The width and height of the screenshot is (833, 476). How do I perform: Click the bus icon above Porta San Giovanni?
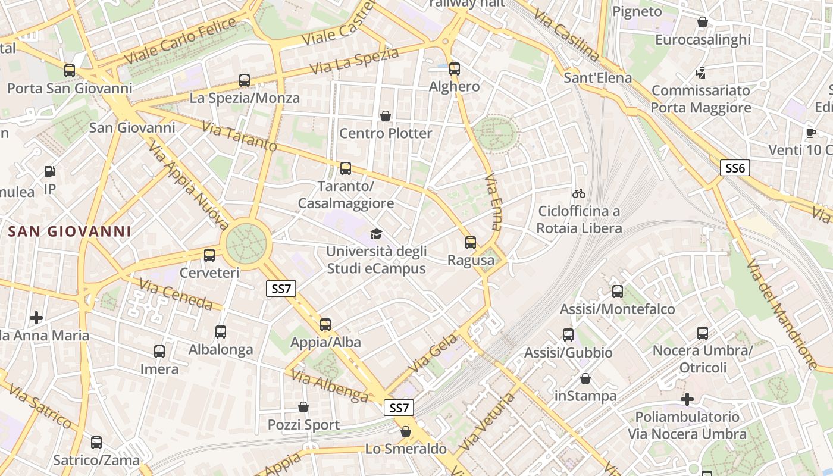click(70, 71)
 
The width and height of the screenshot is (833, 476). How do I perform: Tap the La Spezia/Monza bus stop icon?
click(244, 80)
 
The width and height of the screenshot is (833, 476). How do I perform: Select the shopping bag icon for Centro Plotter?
click(386, 115)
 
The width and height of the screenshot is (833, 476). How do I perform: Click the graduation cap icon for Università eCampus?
click(375, 234)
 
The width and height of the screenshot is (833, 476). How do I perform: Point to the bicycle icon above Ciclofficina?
click(579, 193)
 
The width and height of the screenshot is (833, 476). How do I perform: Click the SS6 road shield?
click(735, 168)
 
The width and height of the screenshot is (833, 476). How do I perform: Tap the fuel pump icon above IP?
click(50, 172)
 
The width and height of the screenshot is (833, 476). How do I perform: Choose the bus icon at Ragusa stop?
click(471, 243)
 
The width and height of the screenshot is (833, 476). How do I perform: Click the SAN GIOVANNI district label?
click(69, 231)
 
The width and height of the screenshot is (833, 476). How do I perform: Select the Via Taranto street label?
click(239, 136)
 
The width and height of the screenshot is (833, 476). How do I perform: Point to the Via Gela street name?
click(433, 353)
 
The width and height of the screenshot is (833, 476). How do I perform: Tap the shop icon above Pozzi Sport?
click(303, 407)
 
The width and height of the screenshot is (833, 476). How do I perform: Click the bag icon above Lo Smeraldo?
click(406, 431)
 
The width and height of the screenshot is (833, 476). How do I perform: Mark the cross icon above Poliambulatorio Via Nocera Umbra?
click(687, 399)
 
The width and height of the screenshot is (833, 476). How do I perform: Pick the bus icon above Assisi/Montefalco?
click(618, 292)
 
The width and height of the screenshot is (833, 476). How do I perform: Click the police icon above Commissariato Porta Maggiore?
click(700, 73)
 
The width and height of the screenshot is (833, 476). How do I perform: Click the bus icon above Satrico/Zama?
click(96, 443)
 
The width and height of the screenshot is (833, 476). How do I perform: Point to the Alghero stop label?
click(455, 87)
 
